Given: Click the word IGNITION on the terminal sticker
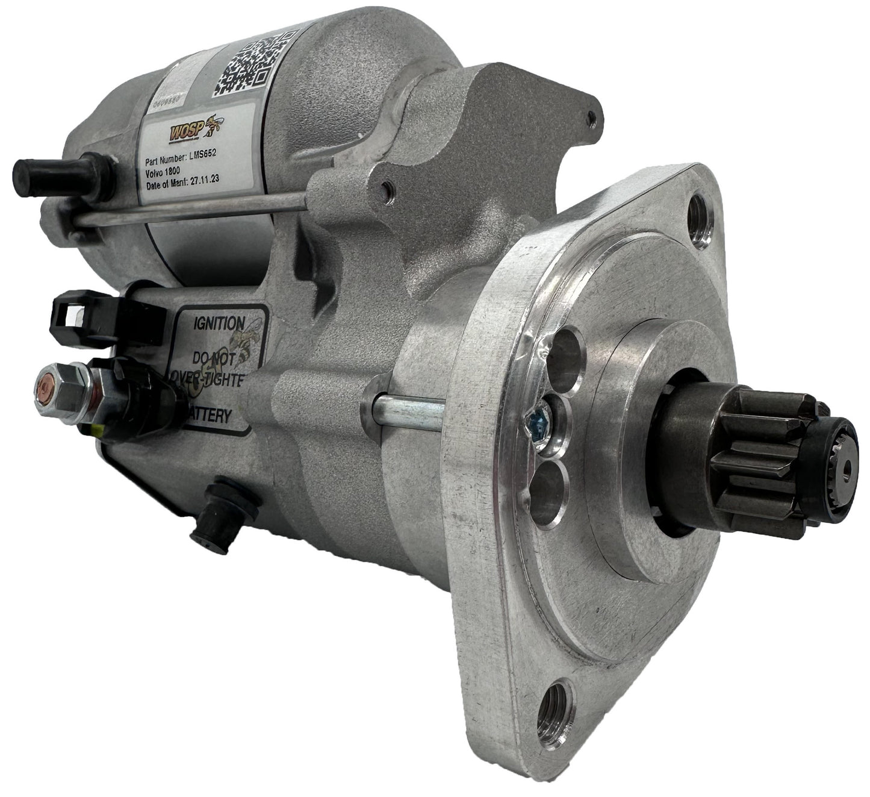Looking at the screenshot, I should (x=218, y=323).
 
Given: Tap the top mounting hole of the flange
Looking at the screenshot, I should (x=700, y=210).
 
